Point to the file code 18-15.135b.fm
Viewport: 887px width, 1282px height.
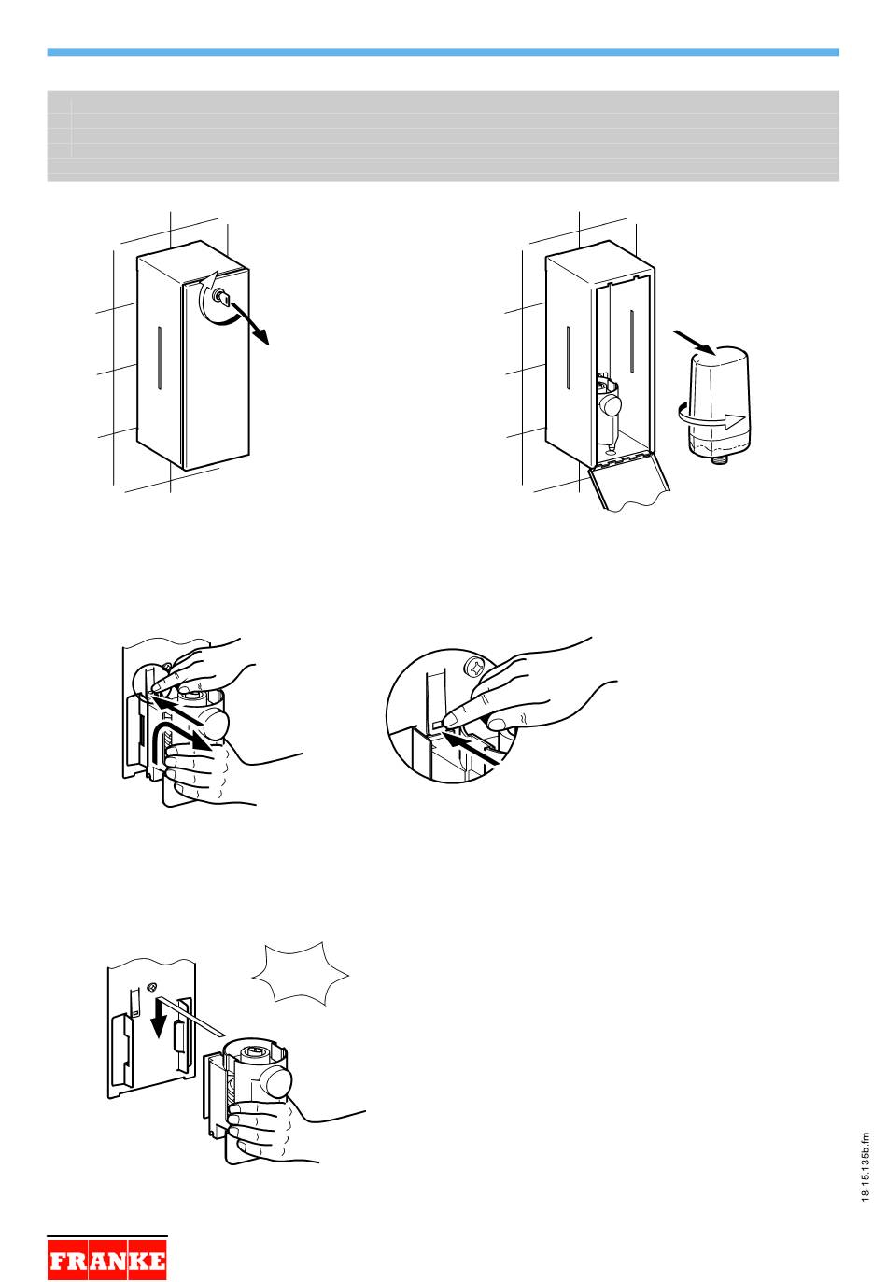tap(865, 1167)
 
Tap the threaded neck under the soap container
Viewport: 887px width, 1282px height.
tap(718, 459)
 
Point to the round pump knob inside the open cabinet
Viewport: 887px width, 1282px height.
tap(612, 406)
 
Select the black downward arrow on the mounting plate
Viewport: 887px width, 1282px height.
tap(159, 1028)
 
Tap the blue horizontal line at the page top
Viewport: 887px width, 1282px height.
tap(443, 52)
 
